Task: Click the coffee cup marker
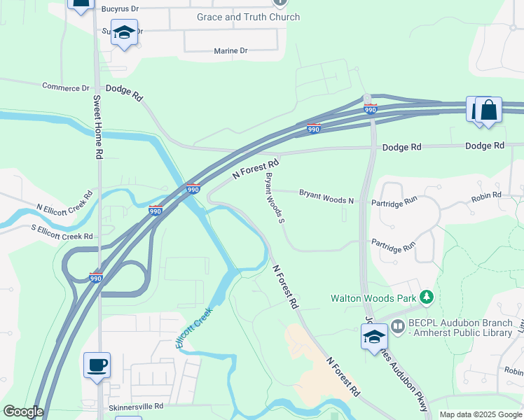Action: pos(97,365)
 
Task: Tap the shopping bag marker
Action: pos(489,110)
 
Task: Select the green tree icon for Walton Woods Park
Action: pos(425,298)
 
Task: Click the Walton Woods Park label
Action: pos(373,298)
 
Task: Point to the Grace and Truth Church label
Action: pos(248,17)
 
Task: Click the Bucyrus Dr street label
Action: pos(122,9)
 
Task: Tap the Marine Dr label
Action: pos(230,51)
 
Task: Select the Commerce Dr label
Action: pos(66,87)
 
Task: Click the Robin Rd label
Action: pos(486,197)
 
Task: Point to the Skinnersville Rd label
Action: pos(136,406)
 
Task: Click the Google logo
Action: pos(23,412)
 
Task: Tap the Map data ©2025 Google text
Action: pos(480,414)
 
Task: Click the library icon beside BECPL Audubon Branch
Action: pos(399,325)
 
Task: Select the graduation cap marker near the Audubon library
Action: pos(375,337)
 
